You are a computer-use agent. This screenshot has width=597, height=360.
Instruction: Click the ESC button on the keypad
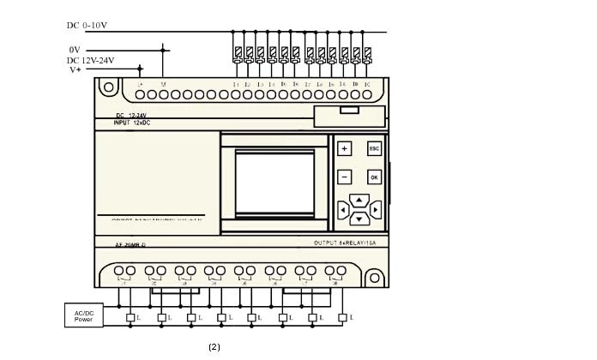[x=374, y=148]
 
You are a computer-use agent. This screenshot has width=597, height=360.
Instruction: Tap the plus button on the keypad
[x=344, y=148]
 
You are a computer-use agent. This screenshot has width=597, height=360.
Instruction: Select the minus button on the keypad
[x=344, y=177]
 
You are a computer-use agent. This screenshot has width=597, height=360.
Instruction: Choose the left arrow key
[x=344, y=208]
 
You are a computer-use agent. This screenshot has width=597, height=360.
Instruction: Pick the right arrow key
[x=375, y=208]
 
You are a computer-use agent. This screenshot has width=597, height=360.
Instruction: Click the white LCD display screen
[x=270, y=183]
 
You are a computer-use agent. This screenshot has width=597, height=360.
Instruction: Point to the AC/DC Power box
[x=83, y=315]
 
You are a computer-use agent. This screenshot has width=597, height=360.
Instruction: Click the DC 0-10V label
[x=87, y=26]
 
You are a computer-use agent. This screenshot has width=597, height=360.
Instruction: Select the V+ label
[x=75, y=70]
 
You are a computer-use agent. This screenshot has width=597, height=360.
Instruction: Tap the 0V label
[x=75, y=50]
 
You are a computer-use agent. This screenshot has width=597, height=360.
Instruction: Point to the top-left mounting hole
[x=107, y=87]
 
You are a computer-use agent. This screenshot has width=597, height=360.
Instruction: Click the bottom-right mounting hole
[x=373, y=277]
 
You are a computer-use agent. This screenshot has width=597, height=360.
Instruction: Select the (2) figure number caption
[x=214, y=347]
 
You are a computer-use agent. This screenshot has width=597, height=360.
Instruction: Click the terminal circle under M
[x=163, y=95]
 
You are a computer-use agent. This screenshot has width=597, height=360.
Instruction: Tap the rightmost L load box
[x=344, y=319]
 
